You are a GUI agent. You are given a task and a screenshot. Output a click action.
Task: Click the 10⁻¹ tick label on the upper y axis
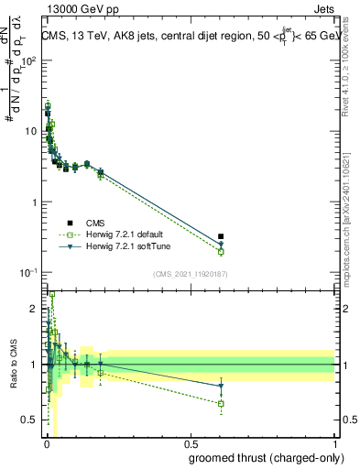tap(27, 272)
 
